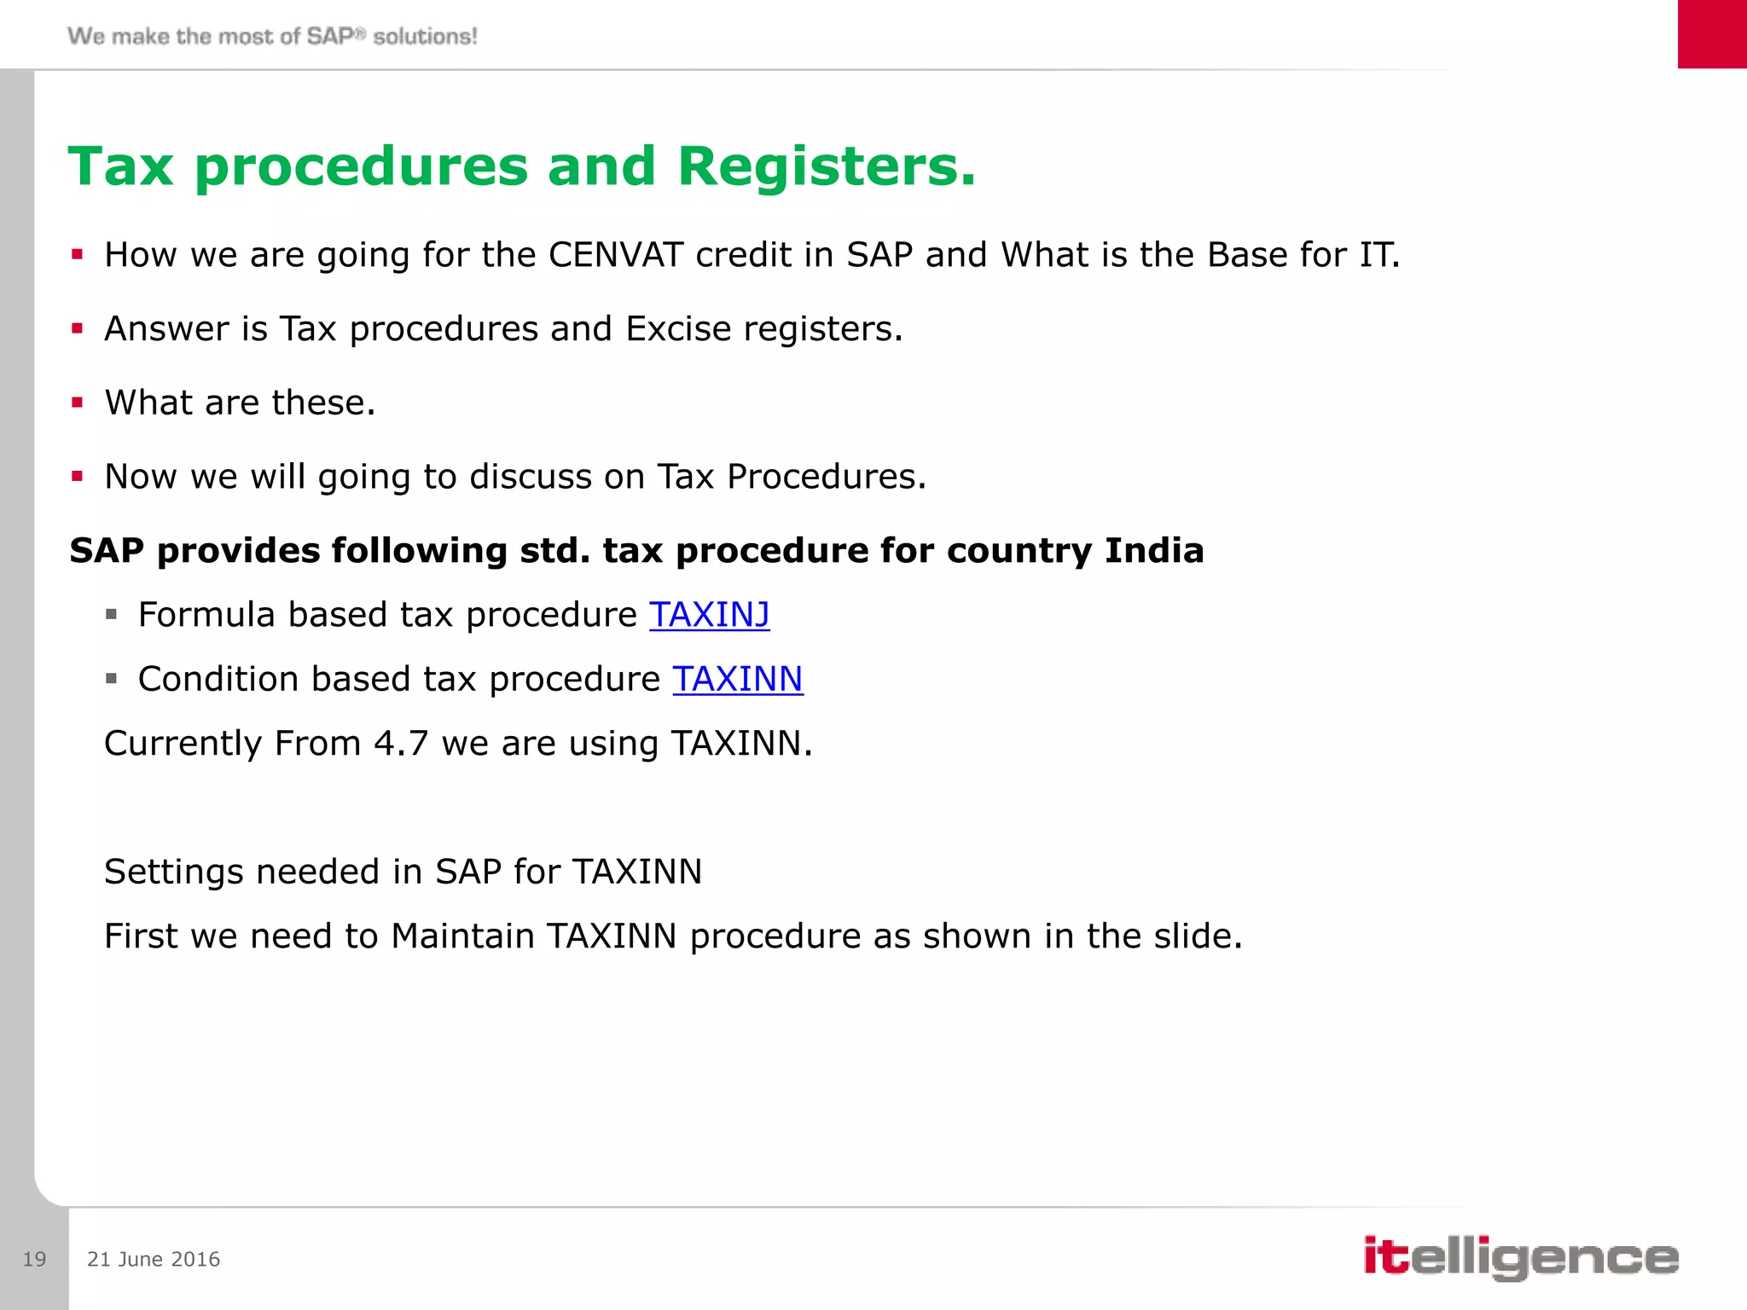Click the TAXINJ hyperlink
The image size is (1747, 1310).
pos(709,615)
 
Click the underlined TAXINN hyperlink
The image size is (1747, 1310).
pos(737,680)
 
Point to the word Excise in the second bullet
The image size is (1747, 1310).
pos(678,329)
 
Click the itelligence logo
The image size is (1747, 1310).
pos(1520,1257)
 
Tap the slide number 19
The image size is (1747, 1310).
pos(34,1260)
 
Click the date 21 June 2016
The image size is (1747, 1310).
pos(154,1260)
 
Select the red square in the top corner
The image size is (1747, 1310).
pos(1711,34)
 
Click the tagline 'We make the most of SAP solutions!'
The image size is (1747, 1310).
pos(272,37)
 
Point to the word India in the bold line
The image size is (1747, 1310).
pos(1153,551)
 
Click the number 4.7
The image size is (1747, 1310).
pos(401,744)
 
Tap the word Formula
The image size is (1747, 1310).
pos(206,615)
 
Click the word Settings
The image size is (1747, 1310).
pos(174,872)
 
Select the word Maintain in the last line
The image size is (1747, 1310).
pos(462,936)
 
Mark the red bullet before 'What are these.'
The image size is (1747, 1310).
pos(78,403)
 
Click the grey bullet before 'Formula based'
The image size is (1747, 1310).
pos(111,614)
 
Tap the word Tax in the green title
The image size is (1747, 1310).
pos(121,166)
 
